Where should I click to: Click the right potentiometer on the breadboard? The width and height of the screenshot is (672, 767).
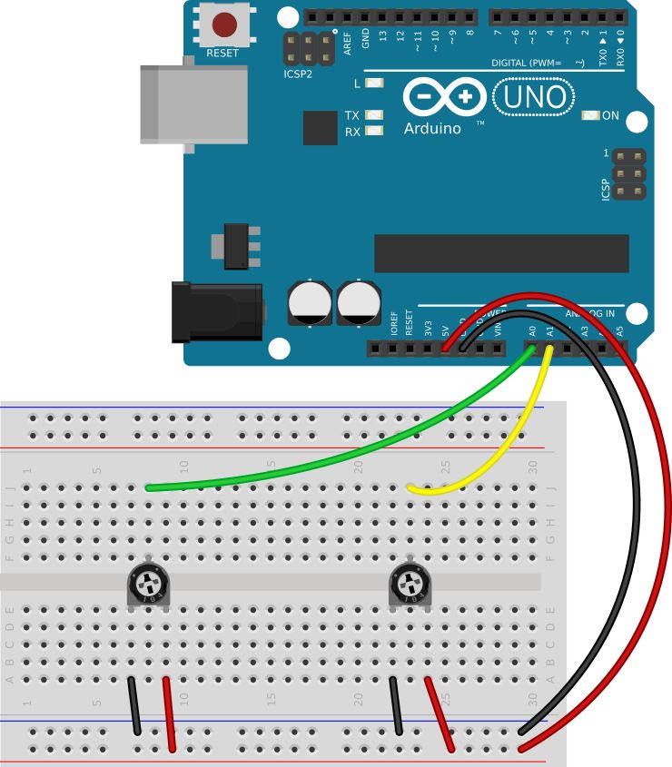pyautogui.click(x=410, y=583)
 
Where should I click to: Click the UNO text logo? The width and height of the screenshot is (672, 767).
pyautogui.click(x=534, y=97)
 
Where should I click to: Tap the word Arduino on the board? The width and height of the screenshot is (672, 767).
pyautogui.click(x=432, y=128)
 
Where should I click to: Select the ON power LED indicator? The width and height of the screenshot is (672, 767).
pyautogui.click(x=590, y=116)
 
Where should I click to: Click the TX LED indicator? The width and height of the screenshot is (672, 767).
pyautogui.click(x=371, y=115)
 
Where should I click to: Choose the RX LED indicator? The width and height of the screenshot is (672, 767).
pyautogui.click(x=371, y=132)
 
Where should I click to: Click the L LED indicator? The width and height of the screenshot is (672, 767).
pyautogui.click(x=371, y=84)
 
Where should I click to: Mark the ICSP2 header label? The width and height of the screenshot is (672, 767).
pyautogui.click(x=297, y=74)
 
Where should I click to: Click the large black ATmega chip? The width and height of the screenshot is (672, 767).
pyautogui.click(x=501, y=253)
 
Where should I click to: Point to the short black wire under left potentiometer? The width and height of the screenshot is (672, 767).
pyautogui.click(x=133, y=705)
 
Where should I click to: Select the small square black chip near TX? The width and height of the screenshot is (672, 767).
pyautogui.click(x=320, y=128)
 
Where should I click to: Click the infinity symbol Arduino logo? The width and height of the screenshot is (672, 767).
pyautogui.click(x=443, y=97)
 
